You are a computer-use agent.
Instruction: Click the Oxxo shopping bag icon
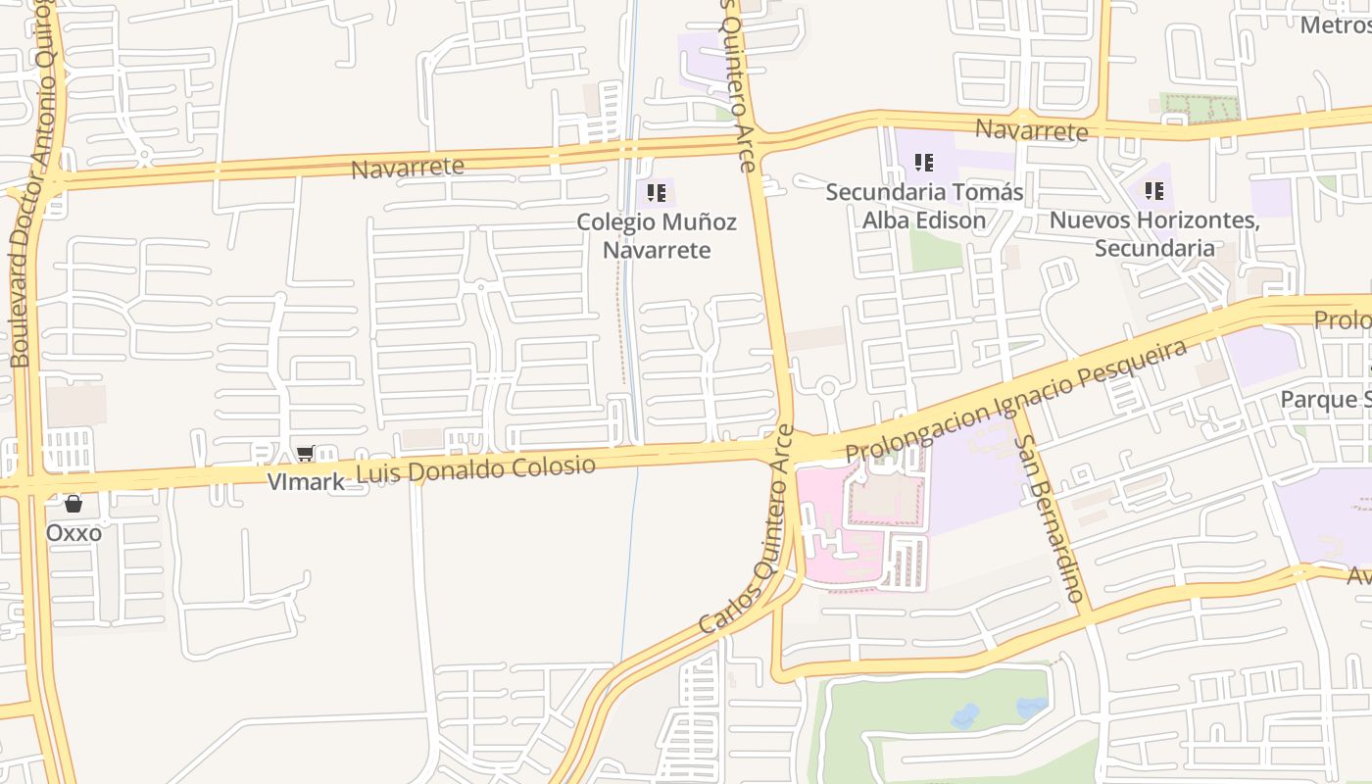click(73, 505)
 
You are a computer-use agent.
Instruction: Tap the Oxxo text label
click(73, 533)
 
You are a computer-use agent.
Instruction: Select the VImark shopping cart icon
click(305, 454)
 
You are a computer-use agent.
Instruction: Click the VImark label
click(306, 481)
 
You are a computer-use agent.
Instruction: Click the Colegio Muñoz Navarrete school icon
click(657, 192)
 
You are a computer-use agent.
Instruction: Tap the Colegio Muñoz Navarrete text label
click(657, 236)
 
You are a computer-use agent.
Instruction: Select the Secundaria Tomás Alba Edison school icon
click(923, 162)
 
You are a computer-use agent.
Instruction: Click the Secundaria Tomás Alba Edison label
click(924, 206)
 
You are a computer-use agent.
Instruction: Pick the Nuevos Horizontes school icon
click(1153, 190)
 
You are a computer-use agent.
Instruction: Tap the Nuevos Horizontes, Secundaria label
click(1154, 234)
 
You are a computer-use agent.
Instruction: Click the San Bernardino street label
click(1050, 518)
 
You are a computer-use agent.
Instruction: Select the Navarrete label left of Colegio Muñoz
click(408, 168)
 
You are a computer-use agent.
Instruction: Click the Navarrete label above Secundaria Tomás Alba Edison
click(1031, 130)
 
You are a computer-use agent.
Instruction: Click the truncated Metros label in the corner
click(1335, 24)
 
